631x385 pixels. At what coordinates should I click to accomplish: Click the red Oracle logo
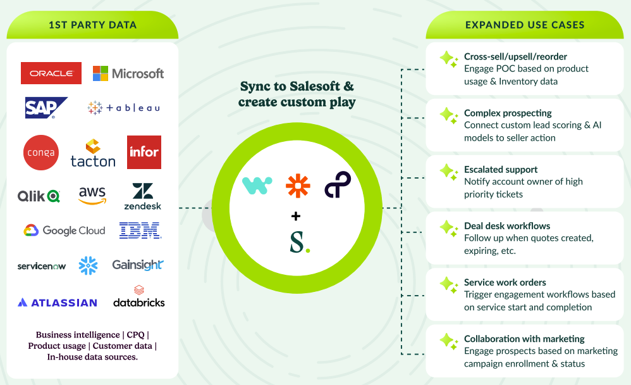51,73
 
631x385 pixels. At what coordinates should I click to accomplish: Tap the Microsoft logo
128,73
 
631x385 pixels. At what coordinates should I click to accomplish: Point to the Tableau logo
124,108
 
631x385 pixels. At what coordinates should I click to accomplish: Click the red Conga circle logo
40,153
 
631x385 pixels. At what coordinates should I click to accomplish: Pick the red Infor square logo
144,152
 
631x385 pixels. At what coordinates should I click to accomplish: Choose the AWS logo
92,195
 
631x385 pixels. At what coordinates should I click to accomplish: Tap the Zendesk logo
143,196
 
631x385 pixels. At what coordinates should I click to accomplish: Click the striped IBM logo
140,230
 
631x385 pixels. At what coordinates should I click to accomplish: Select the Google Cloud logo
64,230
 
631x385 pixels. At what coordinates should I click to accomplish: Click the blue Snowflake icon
88,265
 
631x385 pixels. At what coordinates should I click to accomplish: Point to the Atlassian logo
58,303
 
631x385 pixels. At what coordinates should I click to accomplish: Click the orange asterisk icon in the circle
298,186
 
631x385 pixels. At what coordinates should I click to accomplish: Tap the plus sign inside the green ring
296,217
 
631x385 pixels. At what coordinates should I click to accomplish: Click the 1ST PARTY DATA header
92,25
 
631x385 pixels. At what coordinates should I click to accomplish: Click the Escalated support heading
501,170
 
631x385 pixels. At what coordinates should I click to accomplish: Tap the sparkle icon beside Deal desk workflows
449,228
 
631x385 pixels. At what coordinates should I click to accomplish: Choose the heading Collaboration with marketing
524,339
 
